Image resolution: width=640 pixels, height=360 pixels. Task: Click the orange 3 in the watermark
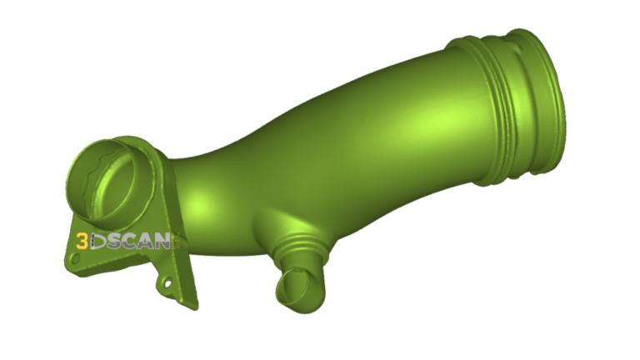click(82, 242)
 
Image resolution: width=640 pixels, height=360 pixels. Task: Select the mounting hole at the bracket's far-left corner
click(76, 259)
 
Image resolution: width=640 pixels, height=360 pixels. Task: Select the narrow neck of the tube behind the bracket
click(196, 175)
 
